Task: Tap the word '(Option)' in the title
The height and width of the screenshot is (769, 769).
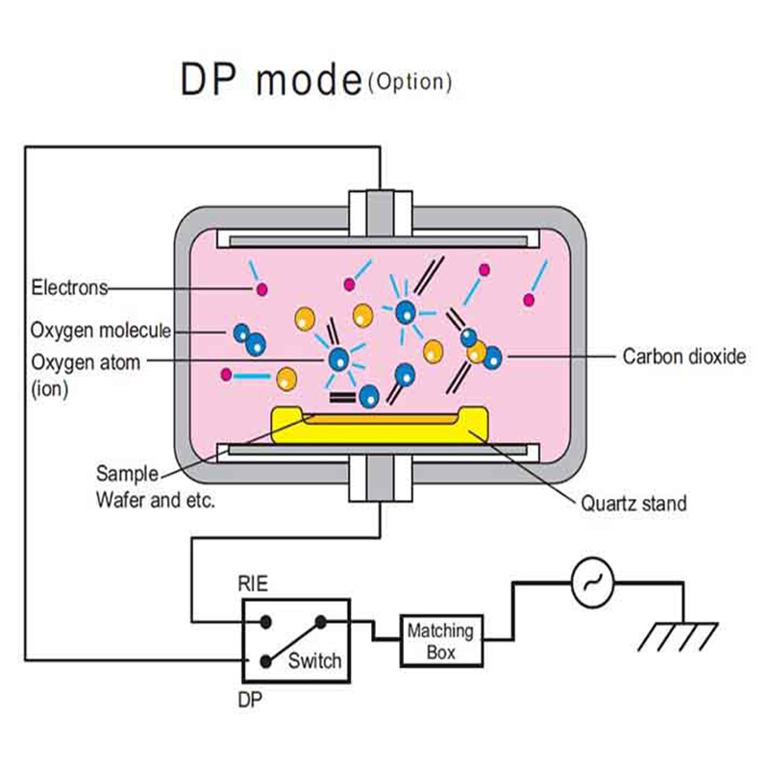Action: (409, 82)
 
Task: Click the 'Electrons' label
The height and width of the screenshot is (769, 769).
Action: (69, 287)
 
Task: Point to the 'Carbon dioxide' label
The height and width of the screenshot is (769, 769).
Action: (683, 357)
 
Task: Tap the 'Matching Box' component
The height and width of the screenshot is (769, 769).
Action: (440, 641)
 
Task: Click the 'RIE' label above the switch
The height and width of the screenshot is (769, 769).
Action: (252, 582)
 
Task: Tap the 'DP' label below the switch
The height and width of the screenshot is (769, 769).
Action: (250, 700)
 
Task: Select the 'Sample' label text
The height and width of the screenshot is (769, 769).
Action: (127, 473)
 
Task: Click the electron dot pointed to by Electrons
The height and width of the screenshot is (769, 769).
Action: (259, 289)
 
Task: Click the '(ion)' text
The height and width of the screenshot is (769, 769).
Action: (50, 390)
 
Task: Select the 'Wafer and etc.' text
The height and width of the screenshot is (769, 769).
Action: (155, 501)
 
